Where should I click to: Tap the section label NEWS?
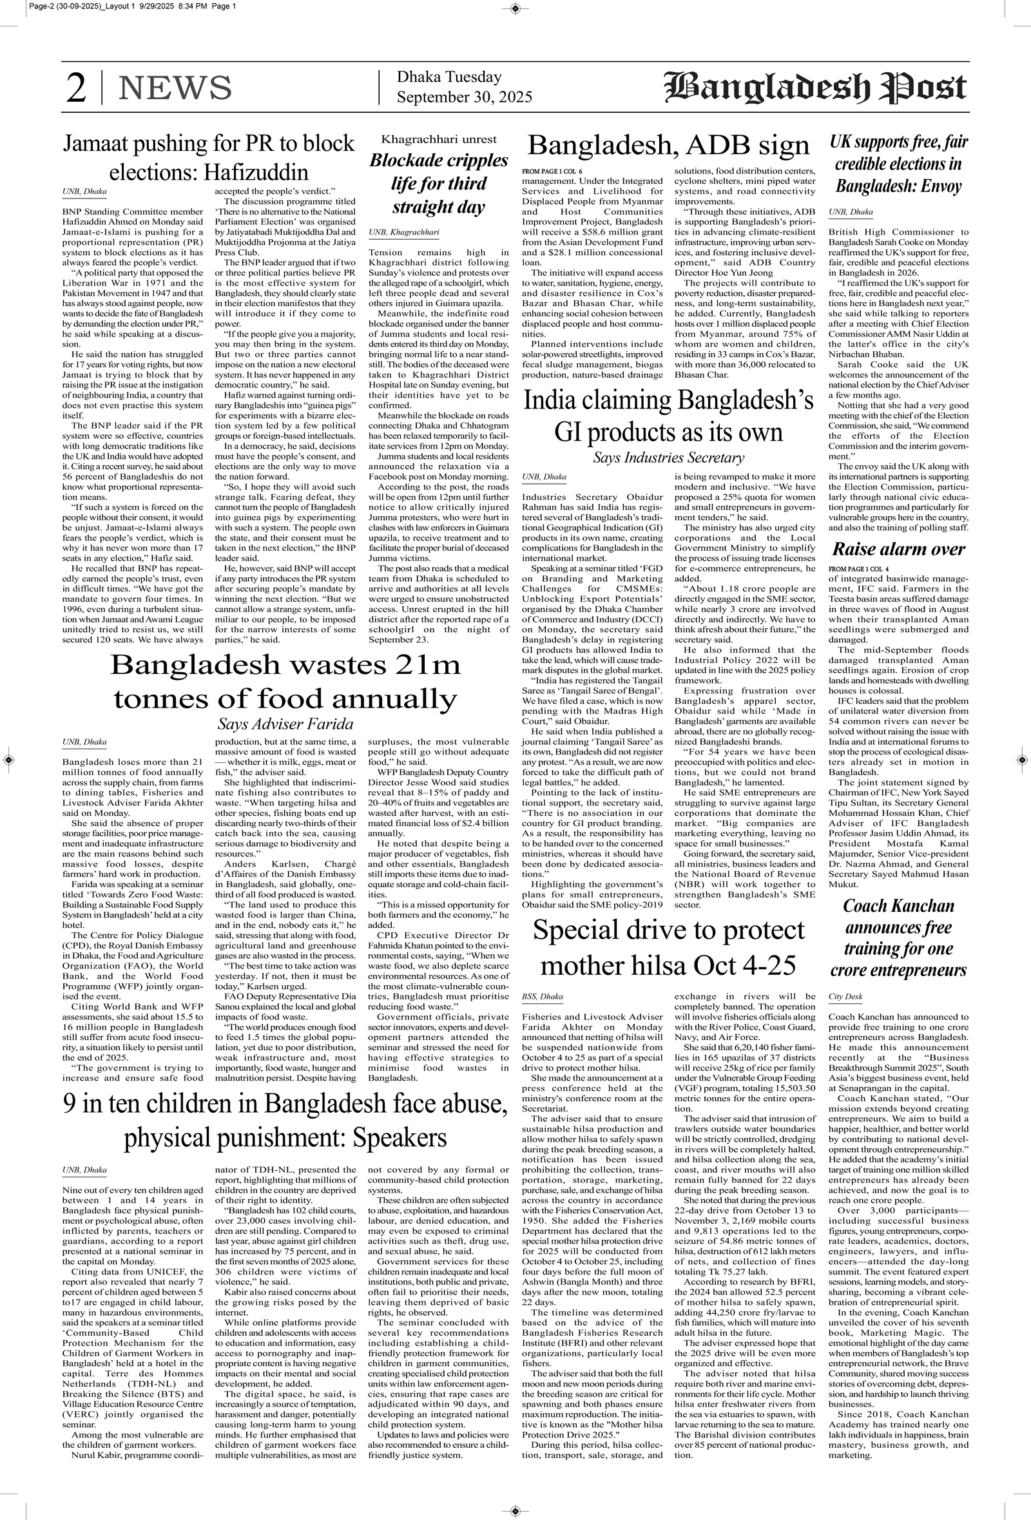point(175,88)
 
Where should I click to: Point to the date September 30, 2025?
point(465,97)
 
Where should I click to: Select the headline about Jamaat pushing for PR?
point(209,158)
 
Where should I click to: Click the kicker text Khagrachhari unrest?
point(439,139)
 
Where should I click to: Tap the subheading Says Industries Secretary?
point(669,457)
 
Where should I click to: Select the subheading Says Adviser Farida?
point(285,724)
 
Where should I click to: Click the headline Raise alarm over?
point(898,549)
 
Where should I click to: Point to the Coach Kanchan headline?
point(898,938)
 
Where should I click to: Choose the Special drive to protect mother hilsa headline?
point(669,947)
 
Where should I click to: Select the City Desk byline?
point(845,997)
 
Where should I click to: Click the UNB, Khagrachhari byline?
point(403,232)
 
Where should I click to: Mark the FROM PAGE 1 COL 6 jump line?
point(552,171)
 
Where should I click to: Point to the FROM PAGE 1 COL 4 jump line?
point(858,568)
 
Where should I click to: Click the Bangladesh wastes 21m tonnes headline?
point(285,682)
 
